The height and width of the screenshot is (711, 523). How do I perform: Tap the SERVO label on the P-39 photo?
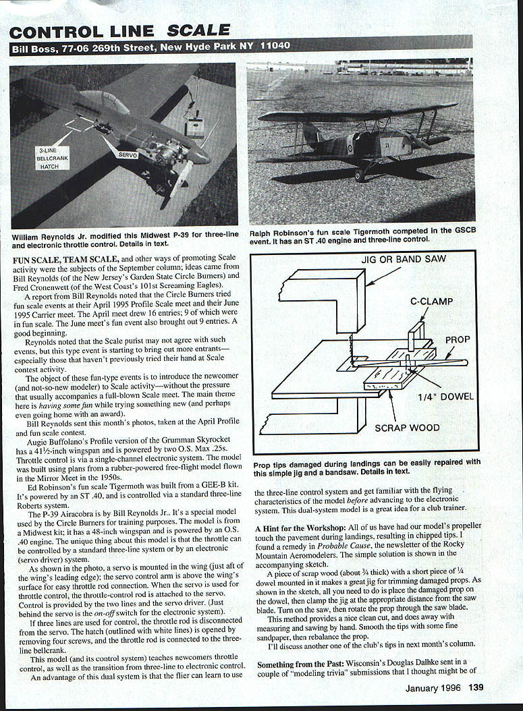(128, 154)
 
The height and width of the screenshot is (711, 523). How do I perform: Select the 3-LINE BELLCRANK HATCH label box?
(52, 158)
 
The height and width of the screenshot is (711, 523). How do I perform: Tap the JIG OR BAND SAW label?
(404, 258)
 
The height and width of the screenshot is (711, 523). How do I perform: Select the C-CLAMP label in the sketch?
(431, 302)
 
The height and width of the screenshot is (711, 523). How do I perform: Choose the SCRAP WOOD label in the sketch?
(407, 427)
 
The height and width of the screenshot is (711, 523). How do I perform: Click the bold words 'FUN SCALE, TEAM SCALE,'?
(65, 258)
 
